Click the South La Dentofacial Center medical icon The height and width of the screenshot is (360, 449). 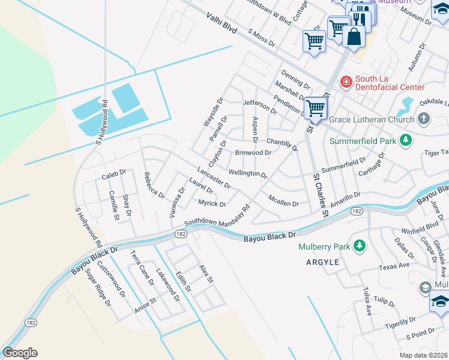pyautogui.click(x=346, y=82)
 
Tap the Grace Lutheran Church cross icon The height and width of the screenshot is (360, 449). pyautogui.click(x=424, y=118)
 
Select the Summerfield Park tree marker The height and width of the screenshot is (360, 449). pyautogui.click(x=406, y=140)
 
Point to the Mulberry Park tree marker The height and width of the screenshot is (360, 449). pyautogui.click(x=360, y=245)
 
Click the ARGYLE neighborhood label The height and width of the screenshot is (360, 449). pyautogui.click(x=324, y=263)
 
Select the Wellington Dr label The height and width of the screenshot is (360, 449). pyautogui.click(x=248, y=174)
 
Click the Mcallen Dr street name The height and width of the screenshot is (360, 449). pyautogui.click(x=283, y=203)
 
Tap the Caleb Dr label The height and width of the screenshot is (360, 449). pyautogui.click(x=113, y=176)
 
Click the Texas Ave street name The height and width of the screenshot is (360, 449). pyautogui.click(x=394, y=265)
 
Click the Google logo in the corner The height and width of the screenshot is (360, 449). pyautogui.click(x=20, y=353)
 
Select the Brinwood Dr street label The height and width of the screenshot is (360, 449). pyautogui.click(x=253, y=153)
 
